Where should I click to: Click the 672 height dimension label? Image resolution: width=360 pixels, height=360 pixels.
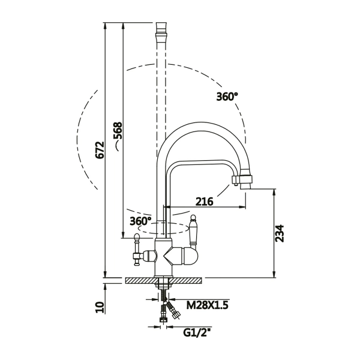pyautogui.click(x=100, y=150)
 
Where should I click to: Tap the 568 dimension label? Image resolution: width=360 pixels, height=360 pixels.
pyautogui.click(x=118, y=130)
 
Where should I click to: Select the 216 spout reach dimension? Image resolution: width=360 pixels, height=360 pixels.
pyautogui.click(x=205, y=202)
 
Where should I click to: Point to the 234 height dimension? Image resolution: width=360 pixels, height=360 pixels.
pyautogui.click(x=280, y=233)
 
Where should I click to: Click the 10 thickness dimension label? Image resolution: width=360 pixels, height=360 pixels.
pyautogui.click(x=100, y=308)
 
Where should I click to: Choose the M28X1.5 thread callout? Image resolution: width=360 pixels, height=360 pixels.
pyautogui.click(x=208, y=305)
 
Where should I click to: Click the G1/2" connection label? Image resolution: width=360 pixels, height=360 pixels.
pyautogui.click(x=197, y=332)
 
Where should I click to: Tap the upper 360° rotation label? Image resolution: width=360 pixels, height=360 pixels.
pyautogui.click(x=227, y=97)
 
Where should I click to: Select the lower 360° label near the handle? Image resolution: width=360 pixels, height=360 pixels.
pyautogui.click(x=141, y=221)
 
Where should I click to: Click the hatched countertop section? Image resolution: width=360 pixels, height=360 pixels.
pyautogui.click(x=163, y=281)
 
